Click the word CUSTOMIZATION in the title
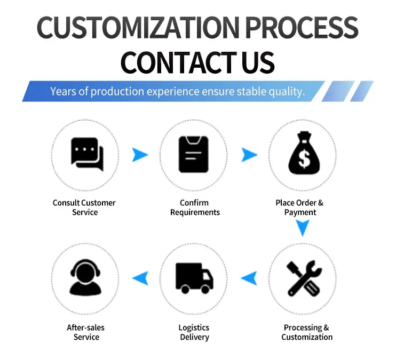138,27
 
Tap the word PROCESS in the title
302,27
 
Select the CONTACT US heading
197,62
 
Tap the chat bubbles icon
88,155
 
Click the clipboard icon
193,155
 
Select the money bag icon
304,153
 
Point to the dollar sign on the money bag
304,159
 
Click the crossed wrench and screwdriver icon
304,278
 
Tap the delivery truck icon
194,278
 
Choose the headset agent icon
85,277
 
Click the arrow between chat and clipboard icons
139,155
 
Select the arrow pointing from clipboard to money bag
249,155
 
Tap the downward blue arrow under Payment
303,227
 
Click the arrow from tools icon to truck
250,278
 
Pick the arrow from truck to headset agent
141,278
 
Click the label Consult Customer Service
84,207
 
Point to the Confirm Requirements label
195,207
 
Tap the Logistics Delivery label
194,332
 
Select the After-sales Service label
86,332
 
